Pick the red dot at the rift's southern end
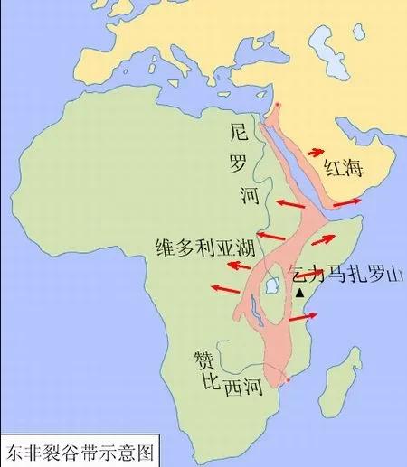click(288, 380)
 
